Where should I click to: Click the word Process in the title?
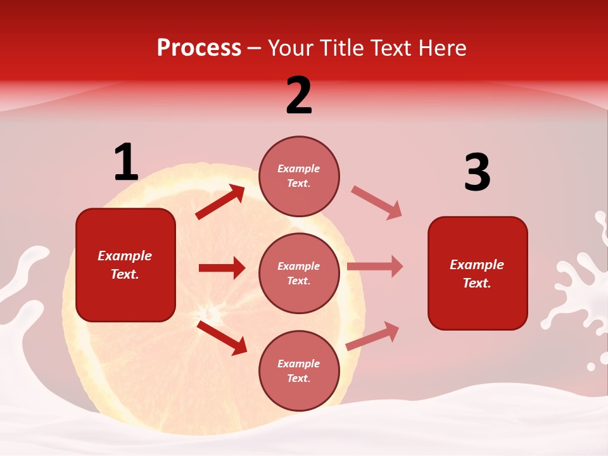pyautogui.click(x=199, y=48)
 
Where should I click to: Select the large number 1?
pyautogui.click(x=125, y=163)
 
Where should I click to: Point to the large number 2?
pyautogui.click(x=299, y=96)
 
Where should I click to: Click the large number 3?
pyautogui.click(x=477, y=172)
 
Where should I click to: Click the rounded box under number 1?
pyautogui.click(x=125, y=265)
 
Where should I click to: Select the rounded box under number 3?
pyautogui.click(x=478, y=273)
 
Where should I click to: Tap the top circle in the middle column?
pyautogui.click(x=299, y=176)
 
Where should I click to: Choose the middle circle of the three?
pyautogui.click(x=299, y=273)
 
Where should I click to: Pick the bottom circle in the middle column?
pyautogui.click(x=299, y=370)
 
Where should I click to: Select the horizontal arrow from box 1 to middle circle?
pyautogui.click(x=222, y=268)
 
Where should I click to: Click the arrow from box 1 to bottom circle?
pyautogui.click(x=222, y=338)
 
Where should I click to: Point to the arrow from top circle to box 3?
pyautogui.click(x=377, y=203)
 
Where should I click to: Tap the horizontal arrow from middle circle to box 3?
pyautogui.click(x=375, y=267)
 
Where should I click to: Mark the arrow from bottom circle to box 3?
pyautogui.click(x=373, y=336)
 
